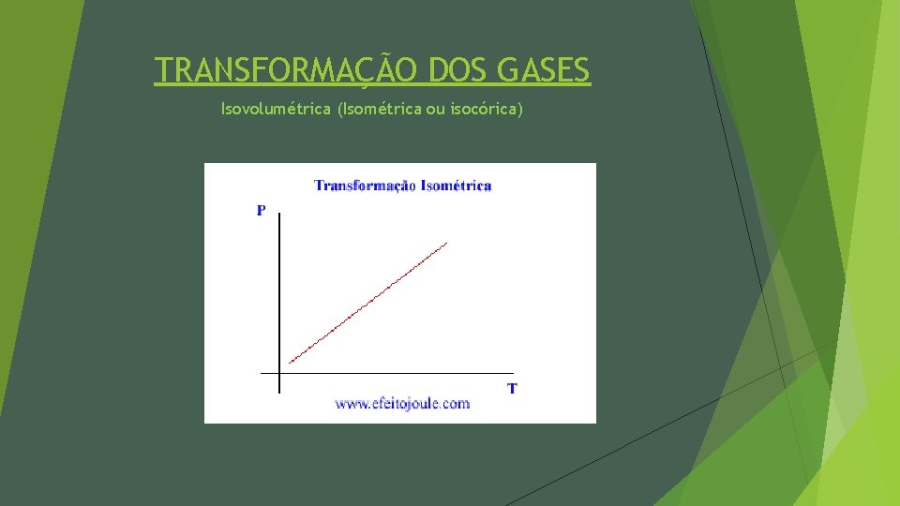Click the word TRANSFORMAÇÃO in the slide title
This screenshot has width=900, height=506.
click(287, 70)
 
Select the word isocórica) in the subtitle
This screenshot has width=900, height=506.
click(486, 110)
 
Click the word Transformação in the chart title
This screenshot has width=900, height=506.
click(365, 186)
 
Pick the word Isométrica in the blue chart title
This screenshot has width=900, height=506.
click(457, 186)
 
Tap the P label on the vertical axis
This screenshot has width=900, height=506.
click(261, 211)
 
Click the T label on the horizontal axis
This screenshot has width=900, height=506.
click(512, 388)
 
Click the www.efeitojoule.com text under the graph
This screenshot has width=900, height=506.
click(402, 404)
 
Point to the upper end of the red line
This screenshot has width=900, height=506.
click(447, 244)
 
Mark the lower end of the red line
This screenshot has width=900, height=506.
click(290, 362)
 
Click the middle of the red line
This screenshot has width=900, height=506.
click(368, 303)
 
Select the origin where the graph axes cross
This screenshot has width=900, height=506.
click(279, 373)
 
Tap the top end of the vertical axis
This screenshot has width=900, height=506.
click(279, 215)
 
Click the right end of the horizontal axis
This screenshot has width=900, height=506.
click(513, 373)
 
